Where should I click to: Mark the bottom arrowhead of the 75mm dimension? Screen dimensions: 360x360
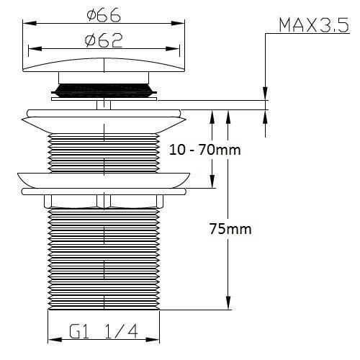tap(228, 305)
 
